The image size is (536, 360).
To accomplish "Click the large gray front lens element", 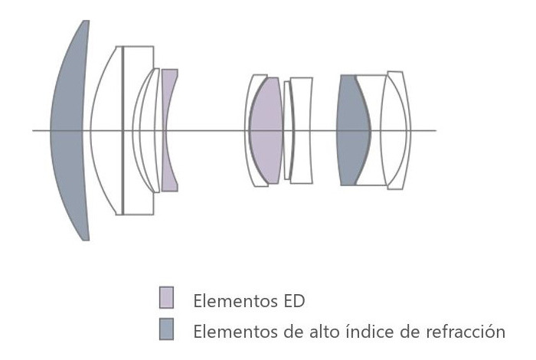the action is (x=68, y=130).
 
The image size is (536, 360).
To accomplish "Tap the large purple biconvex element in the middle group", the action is (x=266, y=130).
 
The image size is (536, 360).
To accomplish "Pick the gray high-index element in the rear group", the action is (x=352, y=130).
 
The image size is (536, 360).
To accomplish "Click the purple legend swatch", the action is (x=166, y=297).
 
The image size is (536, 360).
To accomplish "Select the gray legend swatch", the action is (x=166, y=329).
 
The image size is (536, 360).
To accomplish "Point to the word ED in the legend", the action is (x=293, y=301).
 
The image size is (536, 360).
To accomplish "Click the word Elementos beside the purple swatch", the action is (x=236, y=301).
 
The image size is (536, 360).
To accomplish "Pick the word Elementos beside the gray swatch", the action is (x=236, y=332).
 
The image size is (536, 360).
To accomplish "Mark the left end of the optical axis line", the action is (x=32, y=130).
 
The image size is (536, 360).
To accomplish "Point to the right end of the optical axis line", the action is (x=436, y=130).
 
